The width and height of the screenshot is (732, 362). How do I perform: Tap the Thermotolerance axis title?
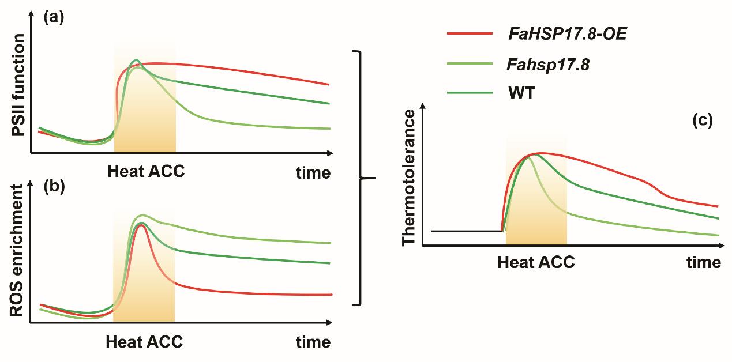[x=408, y=178]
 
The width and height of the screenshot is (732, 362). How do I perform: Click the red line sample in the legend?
[x=471, y=35]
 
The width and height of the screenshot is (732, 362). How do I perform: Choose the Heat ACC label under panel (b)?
[x=144, y=342]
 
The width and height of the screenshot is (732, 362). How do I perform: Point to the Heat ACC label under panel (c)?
[x=536, y=263]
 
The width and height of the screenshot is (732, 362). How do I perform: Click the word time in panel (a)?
[x=314, y=172]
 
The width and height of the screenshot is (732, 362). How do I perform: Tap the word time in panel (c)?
[x=704, y=263]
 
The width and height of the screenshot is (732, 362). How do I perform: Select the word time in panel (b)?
[x=314, y=342]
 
